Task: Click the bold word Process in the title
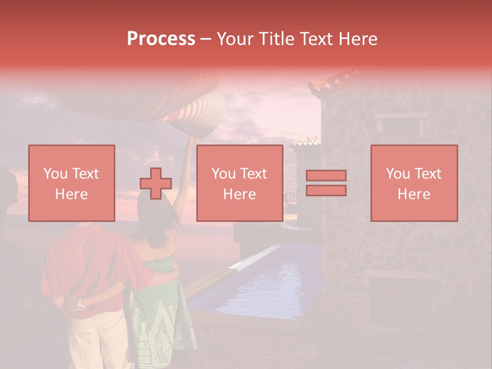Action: [x=161, y=39]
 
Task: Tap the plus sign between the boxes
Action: [x=156, y=183]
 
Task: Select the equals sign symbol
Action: [x=326, y=183]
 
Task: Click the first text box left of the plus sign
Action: [x=72, y=183]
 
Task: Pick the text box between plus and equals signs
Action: [x=239, y=183]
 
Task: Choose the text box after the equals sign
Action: [x=414, y=183]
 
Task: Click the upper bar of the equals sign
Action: [x=326, y=176]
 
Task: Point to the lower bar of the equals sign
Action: [x=326, y=190]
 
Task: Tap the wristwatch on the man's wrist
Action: [x=80, y=306]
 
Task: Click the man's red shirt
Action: [x=92, y=266]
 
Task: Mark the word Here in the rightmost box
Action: [x=414, y=194]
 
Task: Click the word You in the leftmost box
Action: [x=54, y=174]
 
